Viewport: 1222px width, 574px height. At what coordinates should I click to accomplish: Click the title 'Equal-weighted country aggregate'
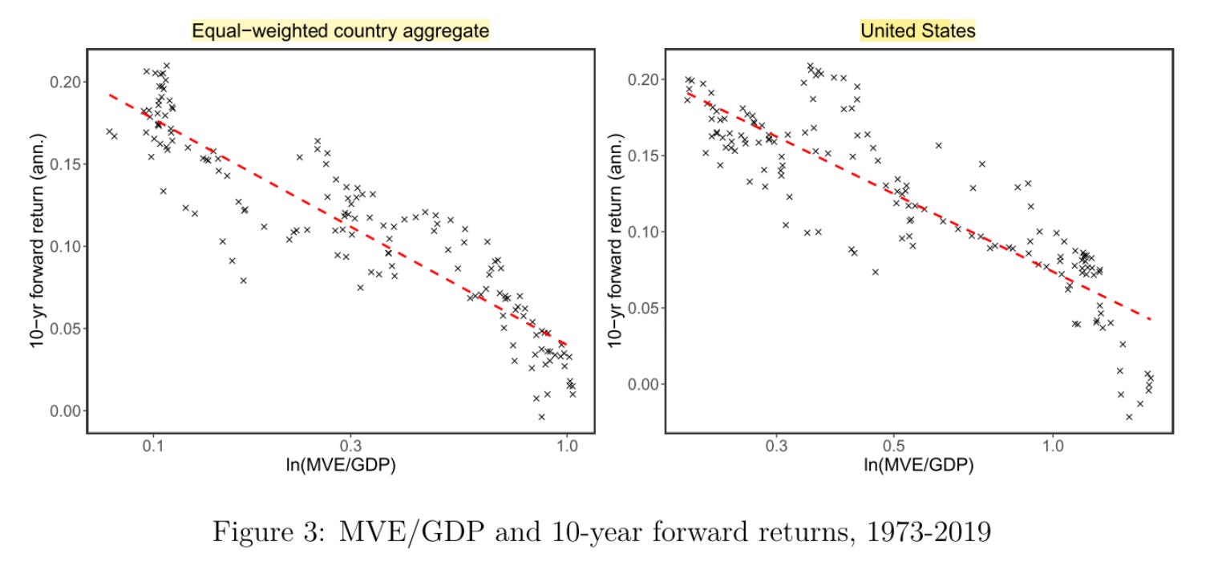point(340,31)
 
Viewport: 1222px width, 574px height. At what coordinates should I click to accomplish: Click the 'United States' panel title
point(917,31)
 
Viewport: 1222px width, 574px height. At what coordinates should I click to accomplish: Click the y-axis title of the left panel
point(37,241)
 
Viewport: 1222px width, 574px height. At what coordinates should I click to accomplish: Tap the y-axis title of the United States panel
point(614,241)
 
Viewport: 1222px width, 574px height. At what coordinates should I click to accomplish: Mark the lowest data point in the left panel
point(542,417)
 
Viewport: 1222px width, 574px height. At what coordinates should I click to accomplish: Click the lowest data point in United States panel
point(1129,417)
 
